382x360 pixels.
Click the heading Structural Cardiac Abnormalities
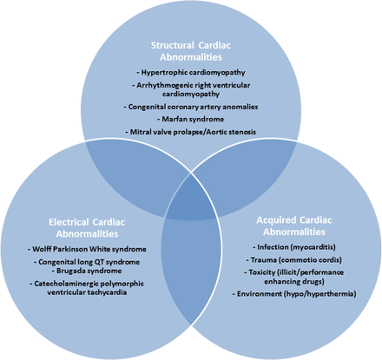pyautogui.click(x=191, y=51)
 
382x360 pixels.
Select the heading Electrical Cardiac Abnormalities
pyautogui.click(x=87, y=228)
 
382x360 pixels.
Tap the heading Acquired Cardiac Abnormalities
pyautogui.click(x=294, y=226)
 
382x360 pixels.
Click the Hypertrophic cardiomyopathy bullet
pyautogui.click(x=191, y=72)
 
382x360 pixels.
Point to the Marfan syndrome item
pyautogui.click(x=191, y=119)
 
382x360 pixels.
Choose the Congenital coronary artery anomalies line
pyautogui.click(x=191, y=107)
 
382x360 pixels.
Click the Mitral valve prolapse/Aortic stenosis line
pyautogui.click(x=191, y=132)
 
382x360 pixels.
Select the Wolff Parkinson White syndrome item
pyautogui.click(x=87, y=249)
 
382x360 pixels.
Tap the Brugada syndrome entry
pyautogui.click(x=87, y=271)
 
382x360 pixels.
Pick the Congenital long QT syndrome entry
pyautogui.click(x=87, y=262)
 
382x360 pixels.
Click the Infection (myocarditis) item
pyautogui.click(x=294, y=247)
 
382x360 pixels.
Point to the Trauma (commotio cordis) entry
pyautogui.click(x=294, y=260)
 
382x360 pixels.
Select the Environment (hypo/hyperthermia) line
pyautogui.click(x=294, y=294)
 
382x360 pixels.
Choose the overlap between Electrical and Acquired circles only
pyautogui.click(x=191, y=269)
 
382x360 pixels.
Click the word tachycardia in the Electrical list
pyautogui.click(x=108, y=292)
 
